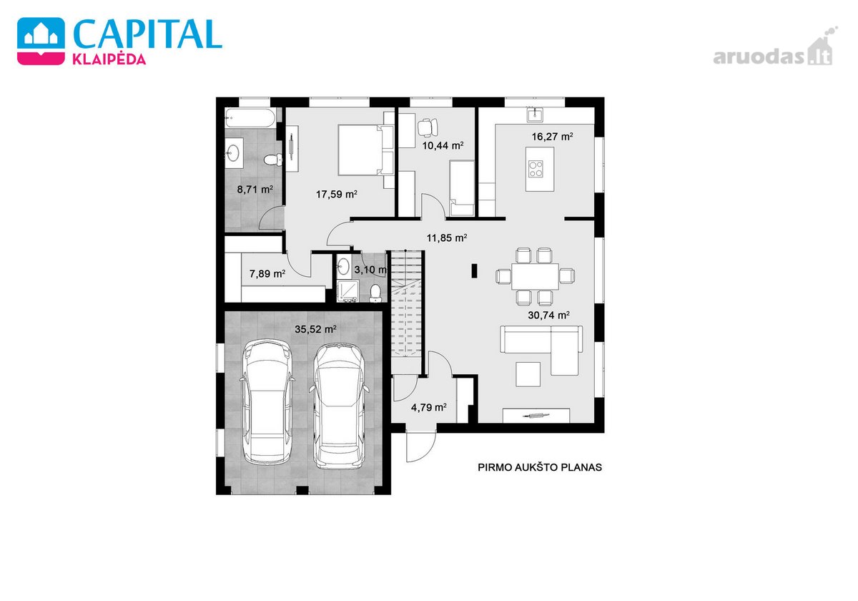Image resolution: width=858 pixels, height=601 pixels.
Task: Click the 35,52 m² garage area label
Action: point(315,329)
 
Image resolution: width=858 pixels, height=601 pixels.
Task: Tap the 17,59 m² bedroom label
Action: point(336,195)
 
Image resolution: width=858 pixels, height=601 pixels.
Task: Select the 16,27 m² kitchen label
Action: point(552,137)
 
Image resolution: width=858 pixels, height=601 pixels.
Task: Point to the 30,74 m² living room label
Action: point(548,315)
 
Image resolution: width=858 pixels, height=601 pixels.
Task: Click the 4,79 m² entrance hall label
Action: point(428,407)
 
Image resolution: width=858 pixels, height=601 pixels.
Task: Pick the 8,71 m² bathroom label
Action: point(255,190)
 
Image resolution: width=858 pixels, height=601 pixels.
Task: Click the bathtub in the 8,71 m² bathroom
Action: point(250,117)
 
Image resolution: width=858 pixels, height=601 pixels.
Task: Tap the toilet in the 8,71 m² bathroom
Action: point(273,160)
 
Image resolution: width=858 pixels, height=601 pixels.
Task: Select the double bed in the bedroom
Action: point(366,150)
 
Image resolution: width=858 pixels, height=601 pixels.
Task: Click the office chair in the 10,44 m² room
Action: point(428,127)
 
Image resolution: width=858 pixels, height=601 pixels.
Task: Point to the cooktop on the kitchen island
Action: point(536,169)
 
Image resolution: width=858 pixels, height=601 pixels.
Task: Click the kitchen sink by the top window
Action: point(535,114)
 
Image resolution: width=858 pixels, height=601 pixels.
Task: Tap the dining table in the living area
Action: point(535,276)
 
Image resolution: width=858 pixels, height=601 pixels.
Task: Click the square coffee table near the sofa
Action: point(528,374)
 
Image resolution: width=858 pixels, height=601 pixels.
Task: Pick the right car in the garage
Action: point(339,406)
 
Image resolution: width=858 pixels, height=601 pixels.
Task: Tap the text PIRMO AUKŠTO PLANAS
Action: point(540,468)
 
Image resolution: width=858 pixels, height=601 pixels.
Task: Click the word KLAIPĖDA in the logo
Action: point(109,59)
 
